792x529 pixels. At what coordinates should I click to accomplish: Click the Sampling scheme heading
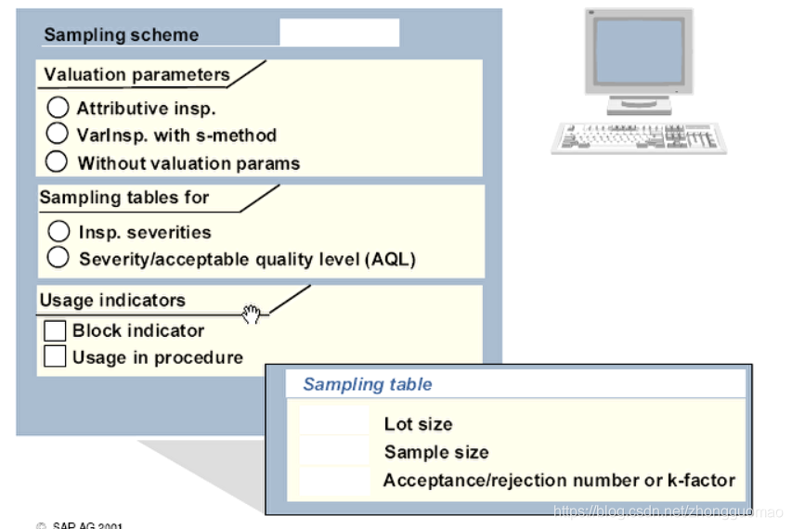coord(121,35)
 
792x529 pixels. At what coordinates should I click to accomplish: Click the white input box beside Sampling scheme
coord(339,32)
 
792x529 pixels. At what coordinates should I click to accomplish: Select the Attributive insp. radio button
coord(58,108)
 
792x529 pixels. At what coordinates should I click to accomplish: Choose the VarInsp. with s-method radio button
coord(58,134)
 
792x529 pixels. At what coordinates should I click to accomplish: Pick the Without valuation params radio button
coord(58,161)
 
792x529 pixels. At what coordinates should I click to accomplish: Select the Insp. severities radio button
coord(58,231)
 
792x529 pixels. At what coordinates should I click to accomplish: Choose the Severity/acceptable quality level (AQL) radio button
coord(58,258)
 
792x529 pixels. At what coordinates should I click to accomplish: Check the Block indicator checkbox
coord(56,330)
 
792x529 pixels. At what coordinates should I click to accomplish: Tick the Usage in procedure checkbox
coord(56,356)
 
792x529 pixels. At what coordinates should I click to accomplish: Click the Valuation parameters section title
coord(136,75)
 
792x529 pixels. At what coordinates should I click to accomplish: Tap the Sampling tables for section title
coord(124,198)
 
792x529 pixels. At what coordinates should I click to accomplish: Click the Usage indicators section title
coord(112,301)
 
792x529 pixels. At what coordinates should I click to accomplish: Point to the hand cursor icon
coord(251,315)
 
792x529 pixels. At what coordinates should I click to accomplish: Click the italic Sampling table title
coord(368,384)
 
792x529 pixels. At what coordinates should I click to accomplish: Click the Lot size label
coord(418,424)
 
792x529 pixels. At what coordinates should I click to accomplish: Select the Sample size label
coord(435,452)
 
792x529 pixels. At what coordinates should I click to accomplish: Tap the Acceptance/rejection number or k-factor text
coord(559,481)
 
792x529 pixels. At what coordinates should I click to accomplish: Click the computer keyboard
coord(638,138)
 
